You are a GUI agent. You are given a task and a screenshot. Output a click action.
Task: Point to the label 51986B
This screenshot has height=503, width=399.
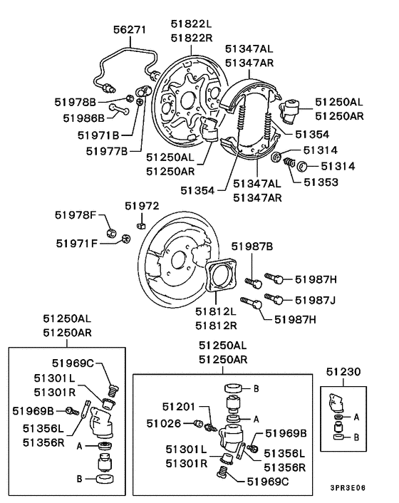(85, 118)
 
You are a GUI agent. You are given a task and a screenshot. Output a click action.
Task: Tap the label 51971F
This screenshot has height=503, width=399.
(78, 243)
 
